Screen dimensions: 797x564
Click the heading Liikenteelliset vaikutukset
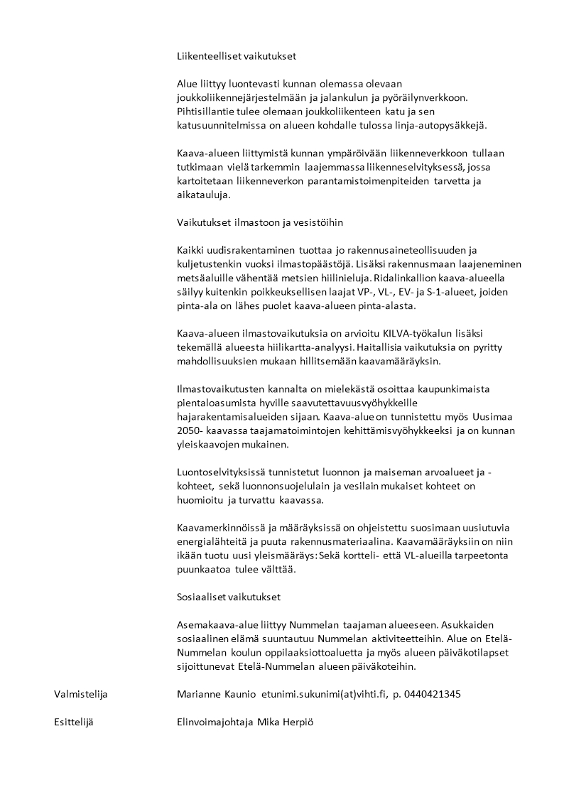click(x=237, y=55)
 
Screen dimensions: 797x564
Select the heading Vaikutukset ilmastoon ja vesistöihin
click(x=260, y=222)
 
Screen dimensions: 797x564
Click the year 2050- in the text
click(x=191, y=430)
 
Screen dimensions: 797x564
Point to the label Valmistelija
click(x=80, y=694)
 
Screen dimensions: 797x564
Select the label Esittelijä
click(x=74, y=722)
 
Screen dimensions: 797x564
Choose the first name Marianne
click(x=200, y=694)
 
